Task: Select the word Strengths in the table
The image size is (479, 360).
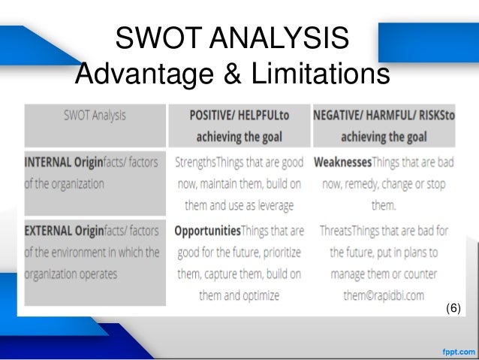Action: click(x=200, y=162)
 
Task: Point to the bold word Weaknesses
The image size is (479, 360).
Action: click(x=348, y=162)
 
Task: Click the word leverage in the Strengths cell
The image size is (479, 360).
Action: click(x=275, y=204)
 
